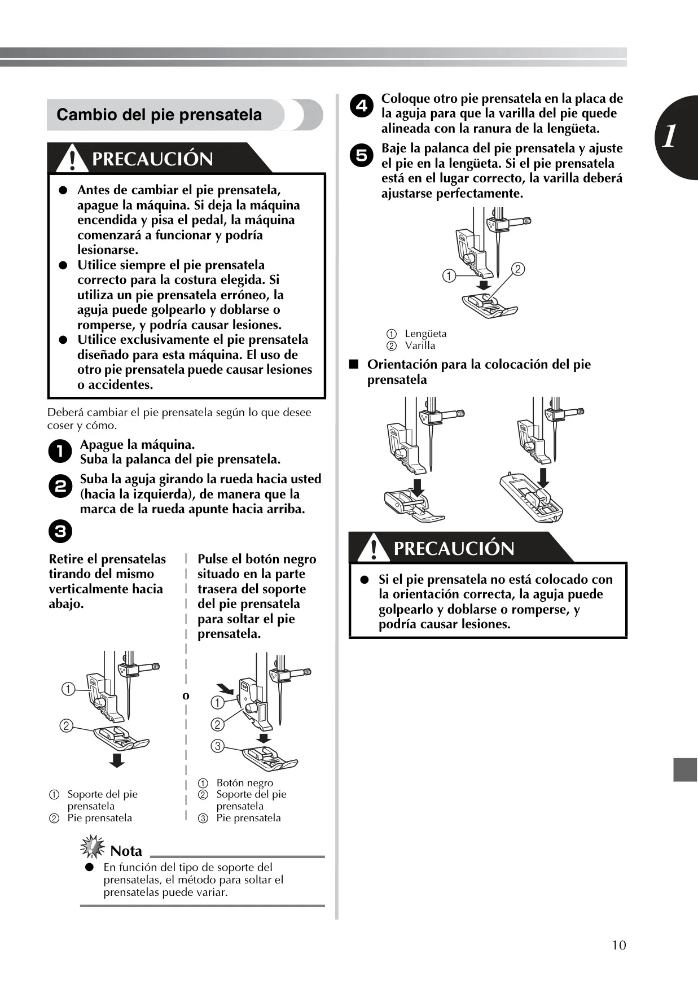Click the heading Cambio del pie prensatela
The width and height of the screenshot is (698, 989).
[159, 115]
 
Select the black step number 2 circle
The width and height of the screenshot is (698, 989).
[60, 487]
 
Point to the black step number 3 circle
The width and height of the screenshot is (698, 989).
[60, 532]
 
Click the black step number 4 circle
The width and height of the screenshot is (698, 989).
[361, 106]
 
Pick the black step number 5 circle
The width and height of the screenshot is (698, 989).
[361, 155]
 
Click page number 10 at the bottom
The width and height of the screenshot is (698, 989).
[619, 945]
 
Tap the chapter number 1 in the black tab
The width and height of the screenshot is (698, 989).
[669, 137]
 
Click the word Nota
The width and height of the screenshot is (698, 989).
[126, 851]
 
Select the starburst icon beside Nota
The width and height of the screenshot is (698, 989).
[93, 847]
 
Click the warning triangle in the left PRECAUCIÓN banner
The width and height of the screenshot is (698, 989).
[72, 158]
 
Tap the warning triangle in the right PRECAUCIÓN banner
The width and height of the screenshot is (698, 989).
[373, 548]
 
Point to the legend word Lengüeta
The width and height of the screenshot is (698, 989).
[425, 334]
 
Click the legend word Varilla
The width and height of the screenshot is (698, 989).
[420, 345]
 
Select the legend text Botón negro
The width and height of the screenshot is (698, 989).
[244, 783]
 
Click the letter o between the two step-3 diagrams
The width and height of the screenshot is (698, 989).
[186, 696]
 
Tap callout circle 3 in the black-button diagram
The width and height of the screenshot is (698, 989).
[217, 746]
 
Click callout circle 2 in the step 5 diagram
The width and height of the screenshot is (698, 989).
[518, 269]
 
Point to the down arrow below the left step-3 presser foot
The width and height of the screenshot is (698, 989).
[117, 760]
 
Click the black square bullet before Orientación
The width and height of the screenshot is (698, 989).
[354, 364]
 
